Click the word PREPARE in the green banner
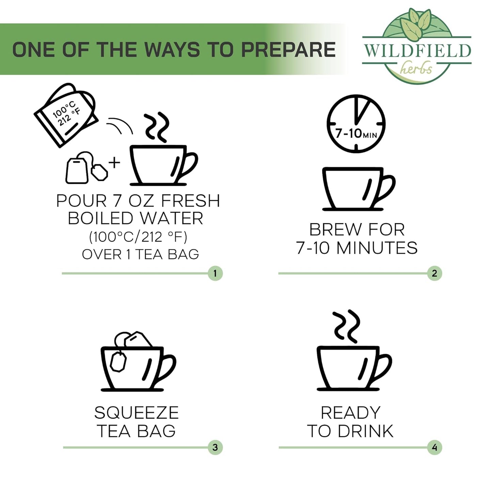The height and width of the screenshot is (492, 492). (288, 49)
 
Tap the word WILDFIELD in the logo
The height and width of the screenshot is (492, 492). (417, 51)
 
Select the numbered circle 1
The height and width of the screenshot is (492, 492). (215, 273)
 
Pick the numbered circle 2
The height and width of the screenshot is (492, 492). (434, 273)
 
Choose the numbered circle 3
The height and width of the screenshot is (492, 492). (215, 447)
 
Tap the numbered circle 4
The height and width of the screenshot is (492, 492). (434, 447)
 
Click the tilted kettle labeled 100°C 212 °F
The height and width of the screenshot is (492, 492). (66, 115)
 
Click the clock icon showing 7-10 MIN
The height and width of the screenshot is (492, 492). (356, 124)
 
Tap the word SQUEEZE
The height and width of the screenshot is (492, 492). (136, 413)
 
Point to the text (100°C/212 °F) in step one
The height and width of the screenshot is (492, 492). (138, 237)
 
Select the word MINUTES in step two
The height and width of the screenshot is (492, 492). (377, 248)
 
